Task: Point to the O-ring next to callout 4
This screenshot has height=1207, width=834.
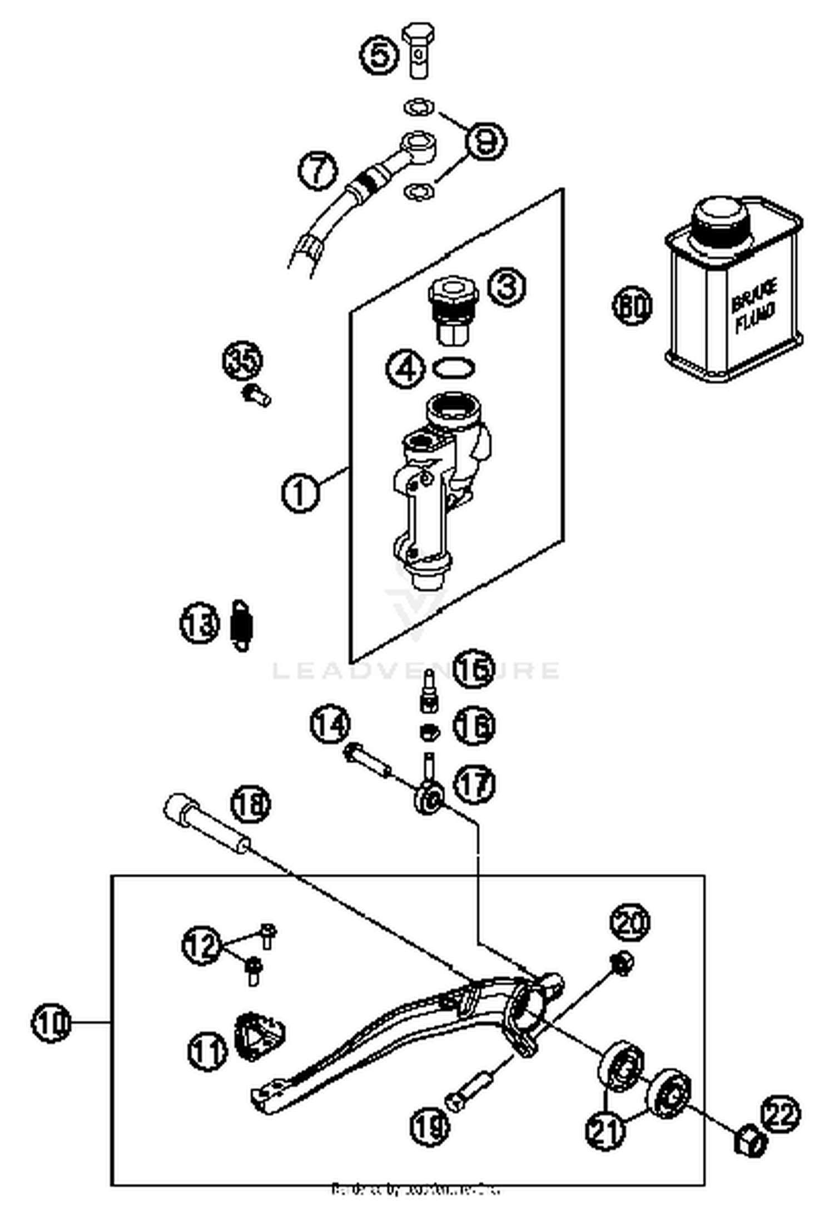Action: coord(454,367)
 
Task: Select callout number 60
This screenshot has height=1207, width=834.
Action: coord(632,305)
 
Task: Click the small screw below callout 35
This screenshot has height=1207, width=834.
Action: coord(256,395)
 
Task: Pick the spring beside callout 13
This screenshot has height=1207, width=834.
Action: coord(241,626)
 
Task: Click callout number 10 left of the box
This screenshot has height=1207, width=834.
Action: coord(51,1022)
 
